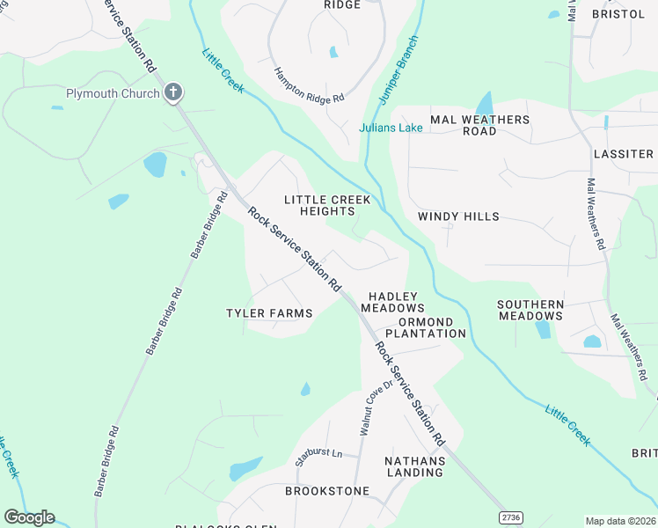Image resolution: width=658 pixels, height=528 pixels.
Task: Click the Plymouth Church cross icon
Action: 173,92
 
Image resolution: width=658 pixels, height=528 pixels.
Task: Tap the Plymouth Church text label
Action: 113,93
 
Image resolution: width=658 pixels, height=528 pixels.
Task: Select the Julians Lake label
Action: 391,128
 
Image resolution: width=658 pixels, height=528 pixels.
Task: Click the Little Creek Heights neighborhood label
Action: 327,205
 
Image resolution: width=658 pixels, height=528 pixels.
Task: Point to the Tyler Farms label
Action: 269,313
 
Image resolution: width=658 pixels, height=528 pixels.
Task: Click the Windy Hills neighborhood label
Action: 458,216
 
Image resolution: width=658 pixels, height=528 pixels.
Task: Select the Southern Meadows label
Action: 530,311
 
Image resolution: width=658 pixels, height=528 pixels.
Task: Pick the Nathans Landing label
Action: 414,466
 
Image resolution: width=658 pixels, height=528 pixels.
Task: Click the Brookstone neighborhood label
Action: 320,490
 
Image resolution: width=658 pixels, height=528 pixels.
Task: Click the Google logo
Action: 29,517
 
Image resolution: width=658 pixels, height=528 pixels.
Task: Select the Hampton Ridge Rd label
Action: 308,86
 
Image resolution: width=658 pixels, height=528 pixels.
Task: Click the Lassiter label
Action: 623,154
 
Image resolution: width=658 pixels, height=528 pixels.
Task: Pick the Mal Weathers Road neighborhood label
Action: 479,125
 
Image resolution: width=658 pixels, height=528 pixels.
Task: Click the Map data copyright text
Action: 619,521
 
